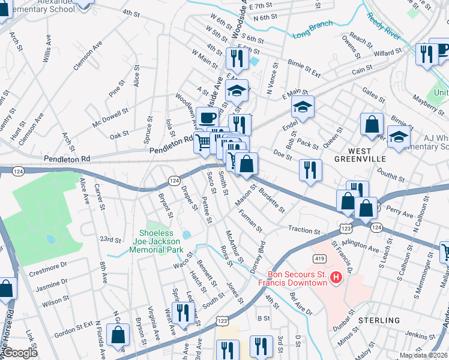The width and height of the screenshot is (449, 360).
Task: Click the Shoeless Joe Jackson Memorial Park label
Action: coord(161,241)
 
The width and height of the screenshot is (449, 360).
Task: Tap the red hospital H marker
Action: coord(336,277)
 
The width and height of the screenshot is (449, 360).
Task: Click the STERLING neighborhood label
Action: coord(379,320)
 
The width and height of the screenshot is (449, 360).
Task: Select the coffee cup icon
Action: coord(208,118)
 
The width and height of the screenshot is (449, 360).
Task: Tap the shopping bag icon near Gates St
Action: coord(372,124)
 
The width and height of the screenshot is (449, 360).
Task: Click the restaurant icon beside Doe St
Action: coord(310,169)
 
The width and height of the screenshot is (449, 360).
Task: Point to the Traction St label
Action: coord(304,230)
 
